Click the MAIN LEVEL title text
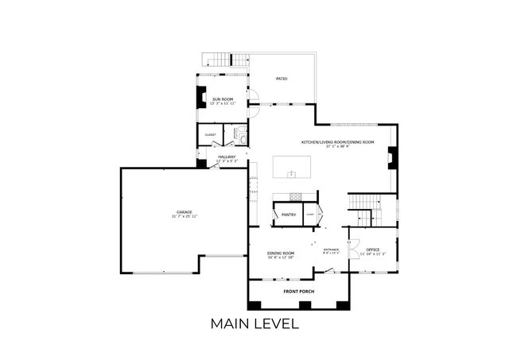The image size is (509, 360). pos(254,323)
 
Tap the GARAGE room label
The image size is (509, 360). pos(185,212)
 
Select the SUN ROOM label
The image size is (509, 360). pos(223,99)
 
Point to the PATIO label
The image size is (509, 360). pos(282,79)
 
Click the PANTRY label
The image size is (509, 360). pos(288,215)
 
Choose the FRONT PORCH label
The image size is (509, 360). pos(300,292)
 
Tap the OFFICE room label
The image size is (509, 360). pos(373,250)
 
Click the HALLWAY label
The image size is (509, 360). pos(227,157)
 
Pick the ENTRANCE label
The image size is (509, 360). pos(332,250)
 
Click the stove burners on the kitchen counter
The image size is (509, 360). pos(296,196)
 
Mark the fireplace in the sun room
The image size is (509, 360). pos(200,97)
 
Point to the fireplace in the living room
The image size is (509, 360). pos(392,159)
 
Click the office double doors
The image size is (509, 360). pos(352,247)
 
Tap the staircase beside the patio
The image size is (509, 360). pos(223,59)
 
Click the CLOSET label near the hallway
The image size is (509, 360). pos(211,135)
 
